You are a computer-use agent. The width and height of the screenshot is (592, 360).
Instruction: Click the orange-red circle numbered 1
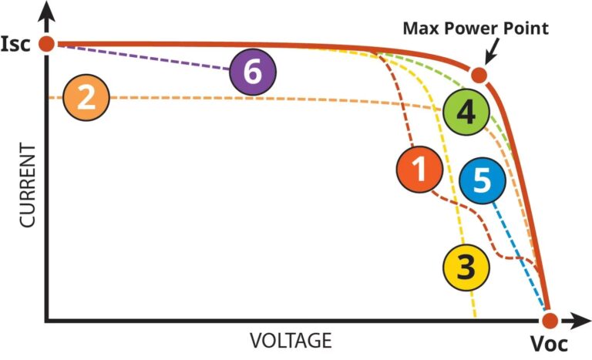419,170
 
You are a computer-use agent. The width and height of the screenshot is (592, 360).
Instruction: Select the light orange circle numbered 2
86,98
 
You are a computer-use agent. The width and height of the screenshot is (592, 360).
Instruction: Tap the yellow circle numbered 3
466,267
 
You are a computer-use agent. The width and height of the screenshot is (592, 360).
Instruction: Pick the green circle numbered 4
466,113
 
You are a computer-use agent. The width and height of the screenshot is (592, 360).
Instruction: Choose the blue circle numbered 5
482,182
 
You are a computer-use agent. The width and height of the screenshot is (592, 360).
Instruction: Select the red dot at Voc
549,320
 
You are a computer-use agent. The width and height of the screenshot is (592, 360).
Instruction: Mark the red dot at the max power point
479,75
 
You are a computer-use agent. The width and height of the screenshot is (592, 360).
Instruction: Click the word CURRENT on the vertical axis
28,185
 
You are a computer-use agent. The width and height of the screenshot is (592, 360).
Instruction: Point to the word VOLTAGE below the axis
291,340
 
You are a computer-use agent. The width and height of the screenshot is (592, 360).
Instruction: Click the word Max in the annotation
419,29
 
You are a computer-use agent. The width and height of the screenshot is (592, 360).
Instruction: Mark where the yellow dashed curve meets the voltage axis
475,318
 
